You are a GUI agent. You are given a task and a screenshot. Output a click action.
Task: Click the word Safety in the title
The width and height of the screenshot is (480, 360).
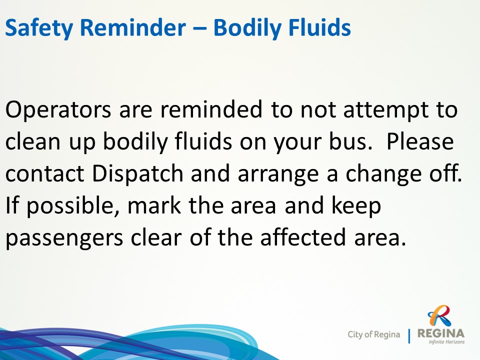tap(39, 28)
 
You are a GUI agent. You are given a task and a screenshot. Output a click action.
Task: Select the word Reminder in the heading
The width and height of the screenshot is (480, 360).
tap(132, 27)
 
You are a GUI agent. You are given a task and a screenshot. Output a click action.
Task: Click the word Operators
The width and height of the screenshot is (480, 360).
tap(58, 110)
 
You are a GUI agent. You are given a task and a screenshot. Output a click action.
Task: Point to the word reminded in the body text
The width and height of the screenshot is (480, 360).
tap(211, 109)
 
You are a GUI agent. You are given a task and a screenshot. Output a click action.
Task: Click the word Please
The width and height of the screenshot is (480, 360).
tap(420, 141)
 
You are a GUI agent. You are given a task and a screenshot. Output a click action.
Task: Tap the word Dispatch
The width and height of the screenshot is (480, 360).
tap(138, 174)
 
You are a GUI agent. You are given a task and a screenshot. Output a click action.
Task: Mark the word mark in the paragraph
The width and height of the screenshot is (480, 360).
tap(154, 205)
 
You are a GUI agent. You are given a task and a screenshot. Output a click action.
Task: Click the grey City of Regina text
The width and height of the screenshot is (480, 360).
tap(374, 334)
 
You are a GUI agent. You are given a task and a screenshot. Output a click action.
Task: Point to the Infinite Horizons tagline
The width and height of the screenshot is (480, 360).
tap(446, 341)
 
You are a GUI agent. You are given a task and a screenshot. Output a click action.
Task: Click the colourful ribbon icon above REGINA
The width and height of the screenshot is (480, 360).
tap(439, 316)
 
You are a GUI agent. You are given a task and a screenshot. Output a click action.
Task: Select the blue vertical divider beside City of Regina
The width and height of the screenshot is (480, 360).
tap(409, 336)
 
